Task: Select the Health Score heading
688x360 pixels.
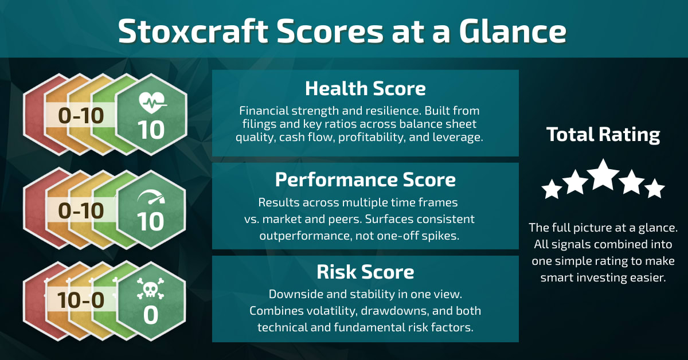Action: [x=365, y=89]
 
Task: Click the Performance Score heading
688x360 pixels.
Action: [x=365, y=180]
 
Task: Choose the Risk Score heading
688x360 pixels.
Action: [x=365, y=271]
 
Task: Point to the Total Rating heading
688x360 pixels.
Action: [x=603, y=135]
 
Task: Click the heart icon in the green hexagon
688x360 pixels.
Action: [x=151, y=103]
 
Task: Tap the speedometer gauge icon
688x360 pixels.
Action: [x=151, y=198]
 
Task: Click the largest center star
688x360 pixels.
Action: [x=603, y=175]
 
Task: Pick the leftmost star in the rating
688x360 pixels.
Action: [x=552, y=189]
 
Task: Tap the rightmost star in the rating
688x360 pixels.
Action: [x=654, y=189]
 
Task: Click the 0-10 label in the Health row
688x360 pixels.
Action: [x=81, y=116]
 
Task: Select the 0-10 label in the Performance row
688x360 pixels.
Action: [x=81, y=210]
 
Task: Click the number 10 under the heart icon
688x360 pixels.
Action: [x=151, y=130]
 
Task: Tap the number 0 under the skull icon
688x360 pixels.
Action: [x=151, y=315]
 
